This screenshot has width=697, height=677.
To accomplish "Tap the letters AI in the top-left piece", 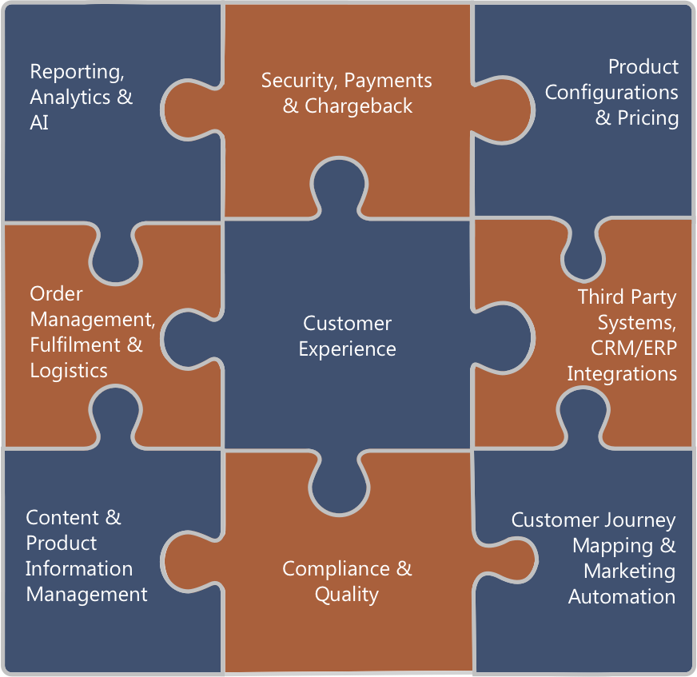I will pos(39,123).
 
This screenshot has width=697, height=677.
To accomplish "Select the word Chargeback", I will pos(359,106).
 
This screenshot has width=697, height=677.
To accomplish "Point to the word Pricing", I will pos(647,118).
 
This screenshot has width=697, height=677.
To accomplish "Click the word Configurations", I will pos(611,93).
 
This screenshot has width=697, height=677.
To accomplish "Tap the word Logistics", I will pos(69,371).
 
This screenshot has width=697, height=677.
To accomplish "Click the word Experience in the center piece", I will pos(347,349).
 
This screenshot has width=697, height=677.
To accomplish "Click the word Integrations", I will pos(622,374).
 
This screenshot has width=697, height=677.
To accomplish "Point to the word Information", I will pos(79,568).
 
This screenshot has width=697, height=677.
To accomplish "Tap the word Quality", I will pos(346,595).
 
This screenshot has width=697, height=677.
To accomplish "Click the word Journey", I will pos(635,520).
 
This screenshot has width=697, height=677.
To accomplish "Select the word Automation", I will pos(622,596).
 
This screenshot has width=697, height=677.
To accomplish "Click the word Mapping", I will pos(614,546).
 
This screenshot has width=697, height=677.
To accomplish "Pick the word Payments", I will pos(388,81).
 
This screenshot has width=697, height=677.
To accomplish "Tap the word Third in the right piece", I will pos(601,297).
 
